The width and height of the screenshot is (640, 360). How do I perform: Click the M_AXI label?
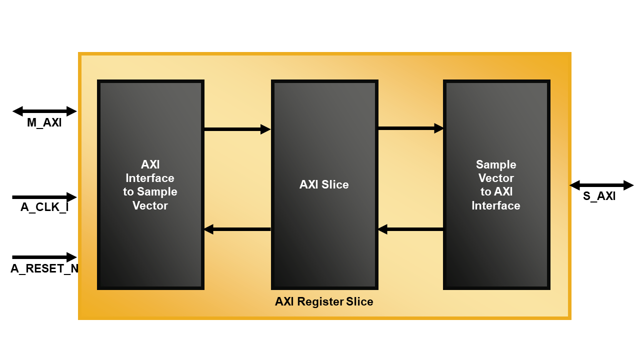coord(44,123)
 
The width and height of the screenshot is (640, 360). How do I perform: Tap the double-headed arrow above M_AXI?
coord(44,111)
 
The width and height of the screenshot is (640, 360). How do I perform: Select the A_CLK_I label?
coord(44,207)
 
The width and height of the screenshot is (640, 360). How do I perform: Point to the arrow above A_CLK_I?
coord(44,197)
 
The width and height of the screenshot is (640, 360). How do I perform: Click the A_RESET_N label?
coord(44,269)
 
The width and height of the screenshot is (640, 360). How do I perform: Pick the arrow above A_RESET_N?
coord(44,257)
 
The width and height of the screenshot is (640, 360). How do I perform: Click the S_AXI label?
coord(599,196)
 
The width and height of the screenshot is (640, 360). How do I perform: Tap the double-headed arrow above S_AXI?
coord(601,185)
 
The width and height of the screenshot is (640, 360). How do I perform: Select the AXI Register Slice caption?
coord(324,302)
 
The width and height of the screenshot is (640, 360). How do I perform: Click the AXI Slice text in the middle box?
coord(324,185)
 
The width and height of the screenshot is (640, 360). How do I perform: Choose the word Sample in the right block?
coord(496,165)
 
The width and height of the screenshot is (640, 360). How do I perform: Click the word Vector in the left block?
coord(150,205)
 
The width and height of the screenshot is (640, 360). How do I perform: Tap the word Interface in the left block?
coord(150,178)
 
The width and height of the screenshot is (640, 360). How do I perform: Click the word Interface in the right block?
coord(496,205)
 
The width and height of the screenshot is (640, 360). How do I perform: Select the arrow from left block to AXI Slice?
coord(237,129)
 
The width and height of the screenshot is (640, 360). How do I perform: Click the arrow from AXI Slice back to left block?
coord(237,229)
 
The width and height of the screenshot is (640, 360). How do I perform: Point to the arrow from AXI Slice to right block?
coord(410,128)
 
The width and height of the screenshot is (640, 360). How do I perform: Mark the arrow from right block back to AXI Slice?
coord(410,229)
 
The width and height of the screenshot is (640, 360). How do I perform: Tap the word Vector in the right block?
coord(496,178)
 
